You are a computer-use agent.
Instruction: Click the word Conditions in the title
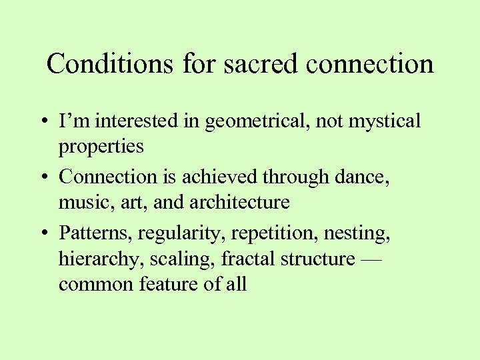pyautogui.click(x=97, y=65)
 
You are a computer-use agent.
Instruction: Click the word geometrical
pyautogui.click(x=251, y=122)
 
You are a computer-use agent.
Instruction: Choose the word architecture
pyautogui.click(x=241, y=203)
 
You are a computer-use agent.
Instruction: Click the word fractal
pyautogui.click(x=247, y=259)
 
